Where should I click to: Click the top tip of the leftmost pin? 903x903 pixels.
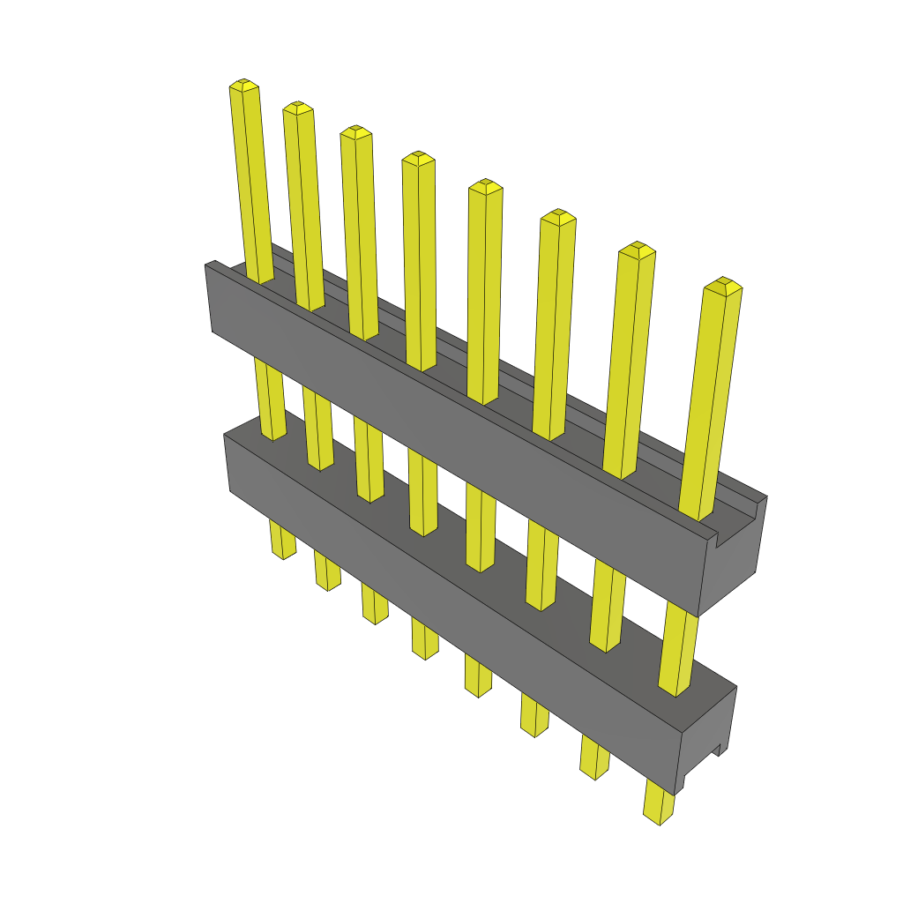[x=244, y=85]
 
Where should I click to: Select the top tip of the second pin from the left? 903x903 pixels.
[x=298, y=108]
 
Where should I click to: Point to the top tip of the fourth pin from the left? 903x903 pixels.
[x=418, y=158]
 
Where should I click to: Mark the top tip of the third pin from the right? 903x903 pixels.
[x=557, y=216]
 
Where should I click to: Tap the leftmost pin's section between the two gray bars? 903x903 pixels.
[x=270, y=397]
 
